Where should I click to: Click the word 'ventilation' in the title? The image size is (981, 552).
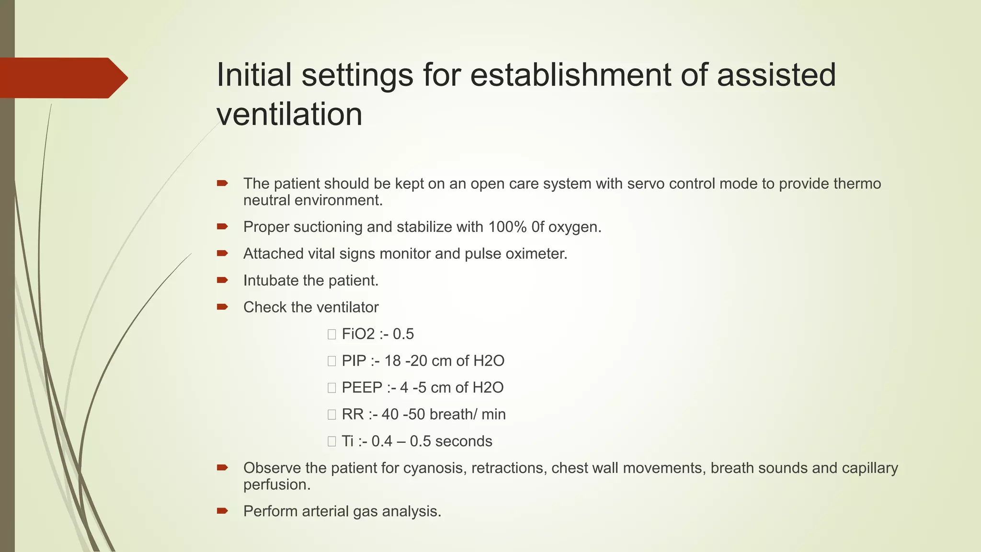click(x=289, y=115)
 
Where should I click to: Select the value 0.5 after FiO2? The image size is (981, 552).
click(x=403, y=334)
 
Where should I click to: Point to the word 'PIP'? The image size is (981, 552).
click(x=354, y=361)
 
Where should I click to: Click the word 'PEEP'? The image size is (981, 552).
click(x=362, y=388)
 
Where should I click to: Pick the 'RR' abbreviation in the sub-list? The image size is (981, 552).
click(x=353, y=414)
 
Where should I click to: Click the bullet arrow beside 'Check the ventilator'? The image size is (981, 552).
click(x=222, y=307)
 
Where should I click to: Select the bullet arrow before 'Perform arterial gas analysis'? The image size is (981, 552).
click(x=222, y=511)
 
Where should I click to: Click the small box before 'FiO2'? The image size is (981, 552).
click(x=331, y=334)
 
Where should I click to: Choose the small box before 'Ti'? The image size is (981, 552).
click(x=331, y=442)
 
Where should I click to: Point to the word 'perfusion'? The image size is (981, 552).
click(x=276, y=484)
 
